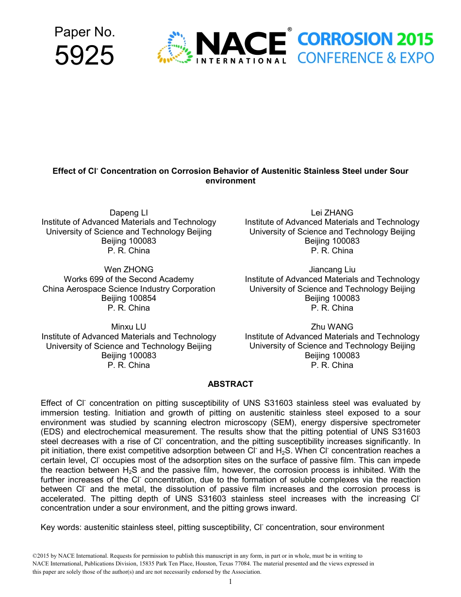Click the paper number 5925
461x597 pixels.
(84, 55)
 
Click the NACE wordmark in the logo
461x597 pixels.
(241, 44)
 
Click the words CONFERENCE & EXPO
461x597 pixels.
(365, 58)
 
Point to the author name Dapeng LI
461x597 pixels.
(129, 213)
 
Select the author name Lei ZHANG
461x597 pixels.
(332, 213)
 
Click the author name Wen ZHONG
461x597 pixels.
(129, 269)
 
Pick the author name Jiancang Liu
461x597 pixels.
(332, 269)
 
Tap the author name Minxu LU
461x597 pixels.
(129, 327)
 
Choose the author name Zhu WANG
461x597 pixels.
(332, 327)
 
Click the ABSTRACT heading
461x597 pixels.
(230, 384)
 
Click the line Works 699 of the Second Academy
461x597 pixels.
(129, 279)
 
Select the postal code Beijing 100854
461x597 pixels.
(129, 298)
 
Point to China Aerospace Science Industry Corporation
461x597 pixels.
(129, 289)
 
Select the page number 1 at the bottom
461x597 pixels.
(230, 581)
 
